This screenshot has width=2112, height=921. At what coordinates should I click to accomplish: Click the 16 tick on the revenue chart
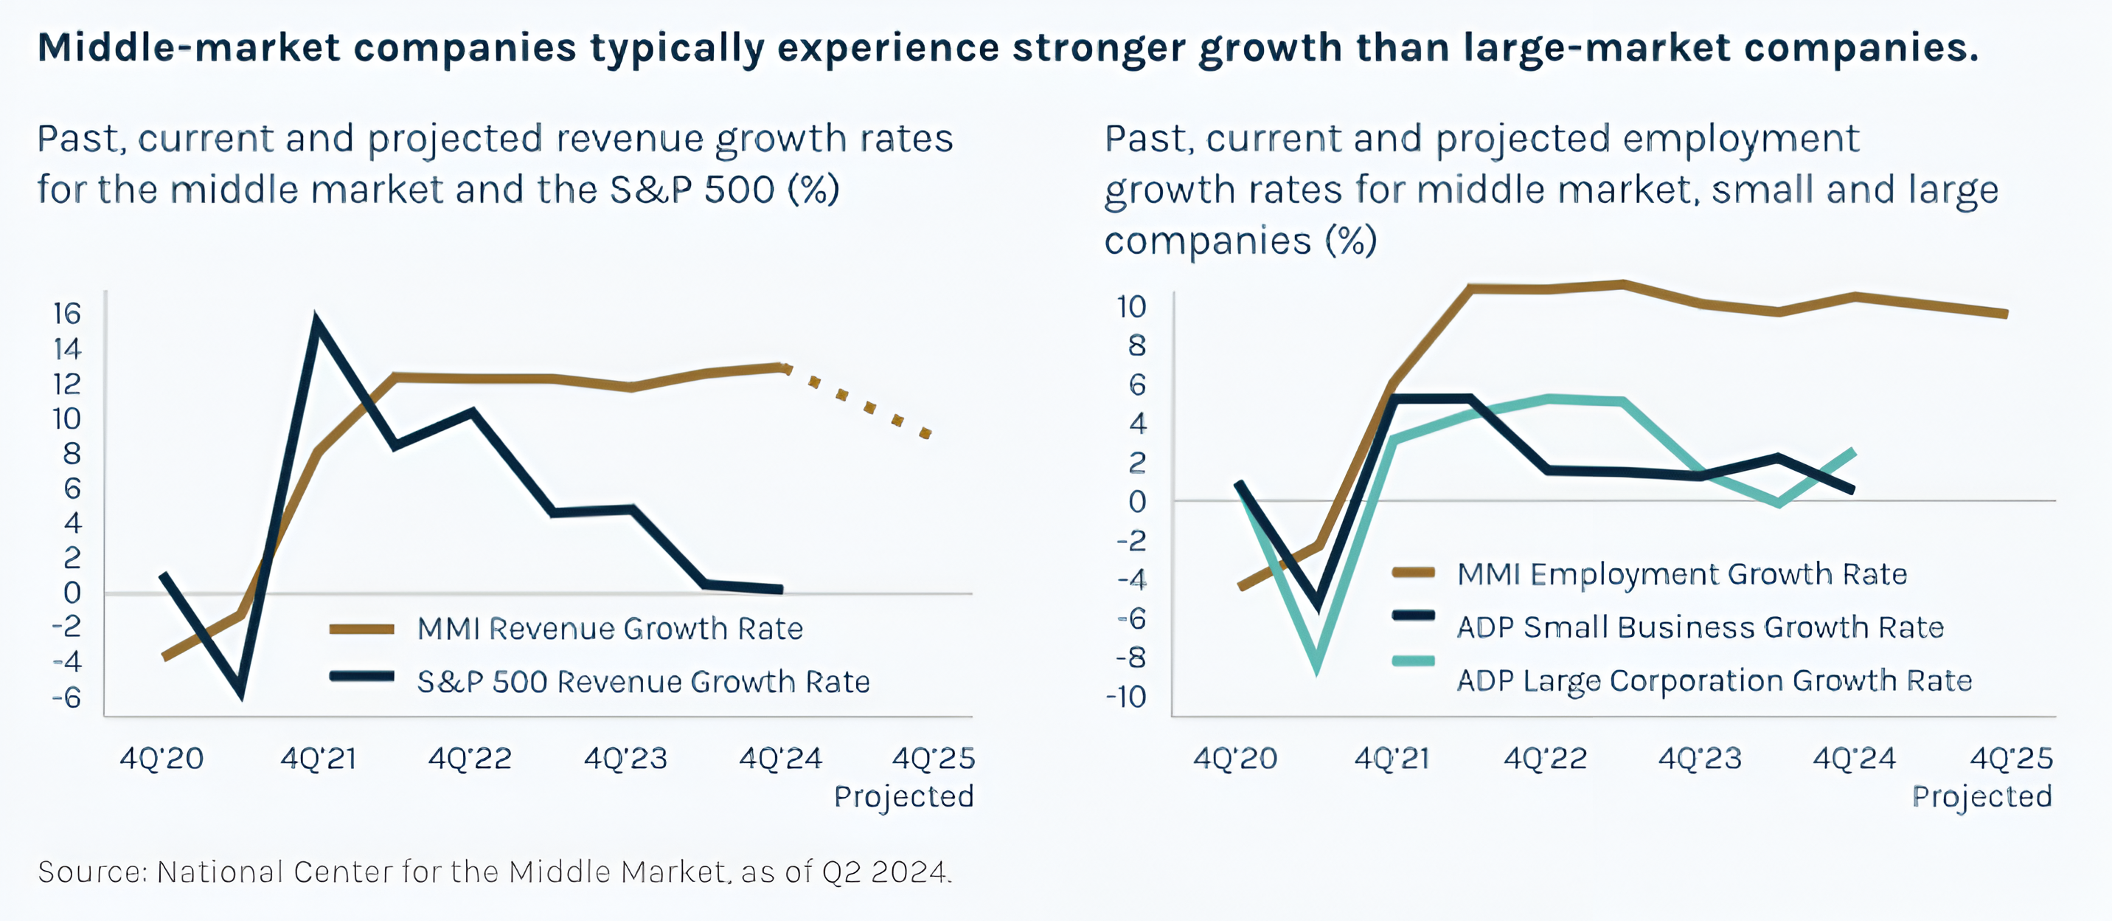point(67,314)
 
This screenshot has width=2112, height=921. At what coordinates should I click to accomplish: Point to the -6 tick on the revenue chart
point(67,697)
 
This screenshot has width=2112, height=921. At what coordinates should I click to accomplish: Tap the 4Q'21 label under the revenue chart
point(319,759)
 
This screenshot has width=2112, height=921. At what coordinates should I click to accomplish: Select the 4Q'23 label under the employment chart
point(1700,759)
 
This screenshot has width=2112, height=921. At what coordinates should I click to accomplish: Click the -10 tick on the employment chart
point(1126,697)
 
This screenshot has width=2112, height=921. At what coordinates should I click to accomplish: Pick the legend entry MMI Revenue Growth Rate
point(609,629)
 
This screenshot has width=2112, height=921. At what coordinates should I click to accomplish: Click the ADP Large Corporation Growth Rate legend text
point(1714,680)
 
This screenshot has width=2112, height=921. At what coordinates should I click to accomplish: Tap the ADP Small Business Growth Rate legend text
point(1700,627)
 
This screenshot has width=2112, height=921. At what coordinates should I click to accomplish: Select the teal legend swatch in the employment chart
point(1414,661)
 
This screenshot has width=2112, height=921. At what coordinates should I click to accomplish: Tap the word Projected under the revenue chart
point(903,796)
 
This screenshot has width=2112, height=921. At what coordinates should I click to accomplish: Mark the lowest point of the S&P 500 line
point(241,695)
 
